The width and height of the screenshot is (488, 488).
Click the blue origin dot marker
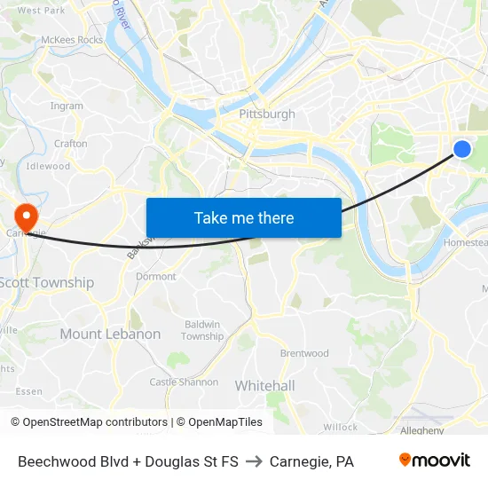[462, 149]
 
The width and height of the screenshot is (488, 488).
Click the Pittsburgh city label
[267, 114]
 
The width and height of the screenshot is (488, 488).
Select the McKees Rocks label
[72, 40]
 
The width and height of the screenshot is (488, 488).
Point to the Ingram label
[67, 106]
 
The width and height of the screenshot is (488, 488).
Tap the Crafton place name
[71, 143]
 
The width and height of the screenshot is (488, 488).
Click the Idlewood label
[48, 166]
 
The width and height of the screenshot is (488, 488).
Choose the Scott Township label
[46, 282]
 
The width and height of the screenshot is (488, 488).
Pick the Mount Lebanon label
[110, 335]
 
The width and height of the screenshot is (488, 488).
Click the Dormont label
[155, 277]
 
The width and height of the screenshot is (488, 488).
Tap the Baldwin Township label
[202, 330]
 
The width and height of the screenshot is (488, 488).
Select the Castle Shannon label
[184, 382]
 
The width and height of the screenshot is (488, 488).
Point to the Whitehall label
[264, 386]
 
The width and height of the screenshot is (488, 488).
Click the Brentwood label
[304, 353]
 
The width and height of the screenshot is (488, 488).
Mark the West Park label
[41, 11]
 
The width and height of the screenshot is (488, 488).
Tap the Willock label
[341, 427]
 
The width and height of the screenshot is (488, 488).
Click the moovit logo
[434, 460]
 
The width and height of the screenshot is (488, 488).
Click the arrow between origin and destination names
[254, 461]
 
